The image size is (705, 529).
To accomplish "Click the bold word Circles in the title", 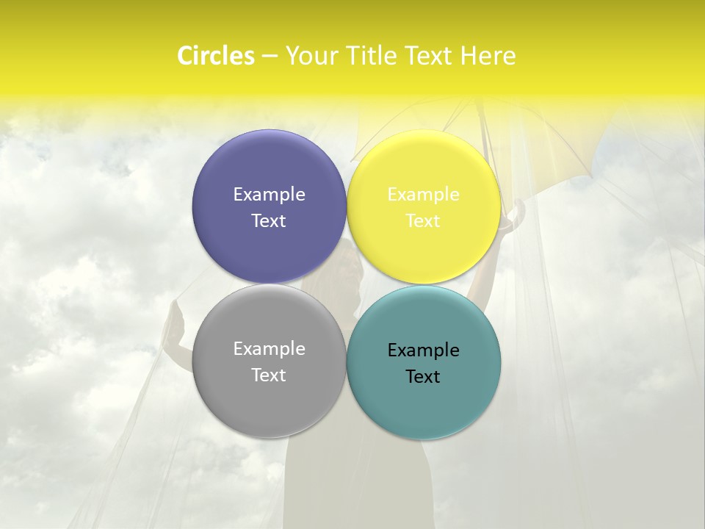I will (x=216, y=56).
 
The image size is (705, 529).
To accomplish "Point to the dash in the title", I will (x=270, y=57).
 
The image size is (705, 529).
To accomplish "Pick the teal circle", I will (x=423, y=404).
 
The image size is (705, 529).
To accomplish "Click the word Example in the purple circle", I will (x=269, y=194).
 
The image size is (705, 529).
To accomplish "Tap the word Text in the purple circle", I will (x=269, y=220).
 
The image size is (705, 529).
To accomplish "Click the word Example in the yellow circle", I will (x=423, y=194).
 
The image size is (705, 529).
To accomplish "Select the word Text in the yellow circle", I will (x=423, y=220).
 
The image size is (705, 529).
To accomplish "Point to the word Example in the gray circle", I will (x=269, y=348).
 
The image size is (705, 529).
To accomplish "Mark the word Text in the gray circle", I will (x=269, y=375).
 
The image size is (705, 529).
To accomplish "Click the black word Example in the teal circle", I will (x=423, y=350).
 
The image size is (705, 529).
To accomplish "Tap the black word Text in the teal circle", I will (x=423, y=376).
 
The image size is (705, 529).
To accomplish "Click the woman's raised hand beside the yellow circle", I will (x=517, y=213).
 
